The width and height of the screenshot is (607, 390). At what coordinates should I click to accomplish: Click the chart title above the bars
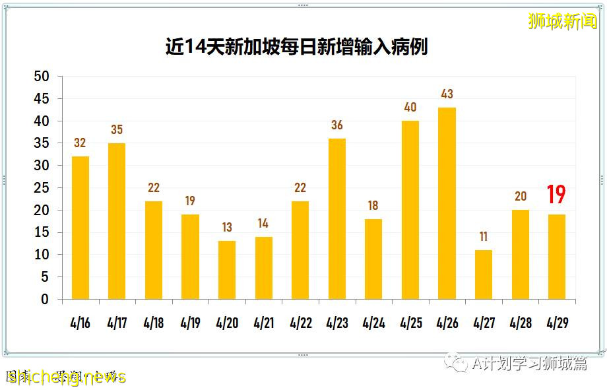tap(296, 47)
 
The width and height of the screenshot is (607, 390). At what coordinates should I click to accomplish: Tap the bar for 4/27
tap(483, 275)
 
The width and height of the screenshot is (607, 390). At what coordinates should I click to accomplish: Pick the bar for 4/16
tap(80, 228)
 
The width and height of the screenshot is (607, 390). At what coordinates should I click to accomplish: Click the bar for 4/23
tap(336, 218)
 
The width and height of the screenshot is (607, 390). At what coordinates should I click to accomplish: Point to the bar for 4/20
tap(227, 270)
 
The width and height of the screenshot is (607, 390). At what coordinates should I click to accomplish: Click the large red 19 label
tap(556, 195)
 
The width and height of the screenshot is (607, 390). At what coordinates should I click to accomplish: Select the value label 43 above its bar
tap(447, 94)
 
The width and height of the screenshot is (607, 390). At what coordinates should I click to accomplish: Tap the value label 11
tap(483, 237)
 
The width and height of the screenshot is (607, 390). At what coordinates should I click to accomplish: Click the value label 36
tap(336, 125)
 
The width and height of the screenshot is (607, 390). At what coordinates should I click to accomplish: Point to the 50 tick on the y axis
tap(41, 77)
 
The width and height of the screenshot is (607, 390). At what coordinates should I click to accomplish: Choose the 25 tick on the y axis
tap(41, 188)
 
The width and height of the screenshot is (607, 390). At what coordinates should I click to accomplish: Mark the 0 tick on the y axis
tap(45, 300)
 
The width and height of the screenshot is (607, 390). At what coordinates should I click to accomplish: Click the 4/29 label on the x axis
tap(556, 324)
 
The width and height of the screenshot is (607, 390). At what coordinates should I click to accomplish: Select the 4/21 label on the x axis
tap(263, 324)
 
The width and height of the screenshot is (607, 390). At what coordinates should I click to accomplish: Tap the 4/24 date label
tap(373, 324)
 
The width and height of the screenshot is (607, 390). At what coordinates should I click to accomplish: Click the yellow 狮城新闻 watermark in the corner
tap(562, 21)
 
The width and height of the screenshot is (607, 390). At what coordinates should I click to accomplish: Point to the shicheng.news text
tap(66, 377)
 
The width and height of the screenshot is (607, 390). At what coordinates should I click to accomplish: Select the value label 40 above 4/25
tap(410, 108)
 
